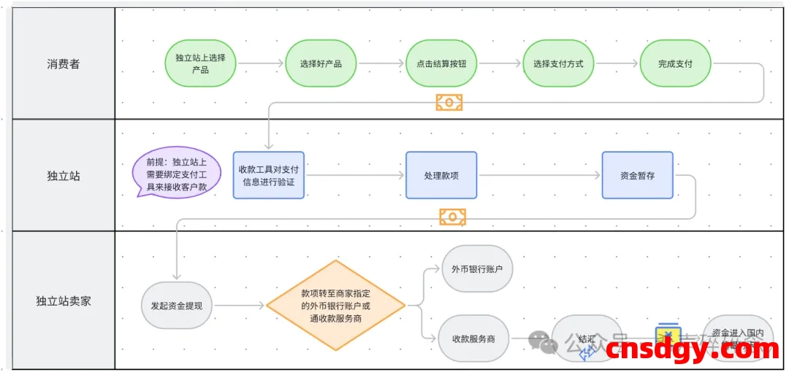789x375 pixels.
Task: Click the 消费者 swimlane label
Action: pos(64,64)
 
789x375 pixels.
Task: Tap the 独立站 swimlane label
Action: pos(64,176)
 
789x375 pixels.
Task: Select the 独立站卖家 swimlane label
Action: pos(64,301)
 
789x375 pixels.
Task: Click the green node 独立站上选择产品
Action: pos(200,63)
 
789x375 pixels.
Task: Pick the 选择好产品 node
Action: pos(321,63)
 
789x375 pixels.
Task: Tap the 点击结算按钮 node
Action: pos(441,63)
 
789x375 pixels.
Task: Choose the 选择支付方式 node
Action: pos(558,63)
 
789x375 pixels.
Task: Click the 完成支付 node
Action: pos(675,63)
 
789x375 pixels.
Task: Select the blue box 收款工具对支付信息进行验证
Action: pos(269,175)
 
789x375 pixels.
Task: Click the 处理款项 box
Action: pos(441,175)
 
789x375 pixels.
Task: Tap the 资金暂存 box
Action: pos(637,175)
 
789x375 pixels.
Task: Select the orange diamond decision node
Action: pos(335,305)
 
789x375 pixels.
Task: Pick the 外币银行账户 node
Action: pos(477,268)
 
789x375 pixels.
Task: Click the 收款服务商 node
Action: pos(473,339)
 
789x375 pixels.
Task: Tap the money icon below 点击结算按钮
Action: pos(449,101)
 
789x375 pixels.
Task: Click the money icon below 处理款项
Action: pos(452,216)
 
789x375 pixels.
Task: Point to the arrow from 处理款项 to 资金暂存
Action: pos(539,175)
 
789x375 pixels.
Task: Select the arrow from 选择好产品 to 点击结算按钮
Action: pos(381,63)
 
